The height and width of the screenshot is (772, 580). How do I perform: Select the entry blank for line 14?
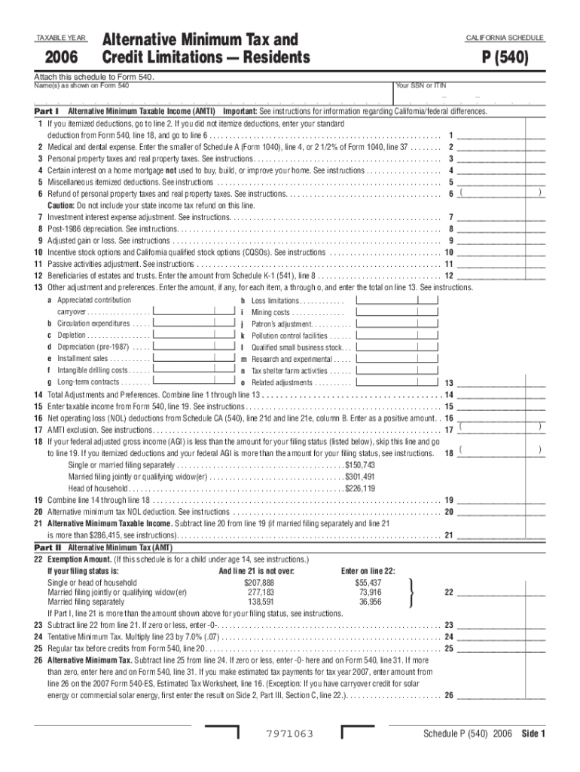pos(501,395)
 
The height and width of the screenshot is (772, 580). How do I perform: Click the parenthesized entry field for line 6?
pos(501,193)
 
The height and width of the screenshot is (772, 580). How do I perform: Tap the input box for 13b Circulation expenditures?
pos(193,323)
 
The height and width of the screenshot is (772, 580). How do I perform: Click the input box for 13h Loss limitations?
pos(396,300)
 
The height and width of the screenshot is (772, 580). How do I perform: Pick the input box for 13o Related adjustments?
pos(396,382)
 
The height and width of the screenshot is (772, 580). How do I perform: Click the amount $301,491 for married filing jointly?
pos(360,477)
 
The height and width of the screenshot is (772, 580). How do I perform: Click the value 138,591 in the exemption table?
pos(261,602)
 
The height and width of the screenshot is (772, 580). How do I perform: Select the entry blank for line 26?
pos(501,695)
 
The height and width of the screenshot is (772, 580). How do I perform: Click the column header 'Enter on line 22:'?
pos(368,571)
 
